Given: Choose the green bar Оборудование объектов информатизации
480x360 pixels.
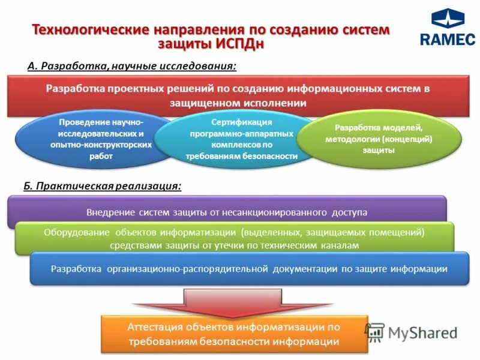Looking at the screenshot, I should pyautogui.click(x=234, y=238).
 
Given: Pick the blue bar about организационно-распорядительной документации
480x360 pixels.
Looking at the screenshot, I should pyautogui.click(x=249, y=268).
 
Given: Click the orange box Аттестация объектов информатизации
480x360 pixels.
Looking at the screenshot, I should pyautogui.click(x=233, y=334).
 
